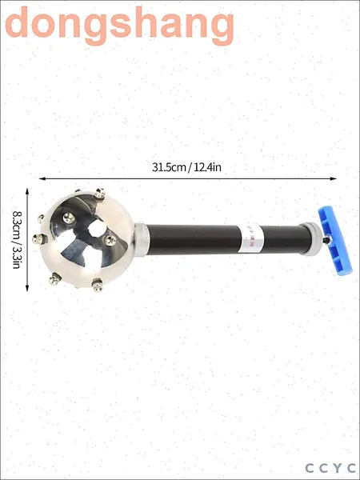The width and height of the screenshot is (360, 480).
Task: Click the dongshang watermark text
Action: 120,26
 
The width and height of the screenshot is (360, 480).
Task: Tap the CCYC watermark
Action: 330,468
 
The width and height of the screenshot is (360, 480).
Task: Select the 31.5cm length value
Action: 169,167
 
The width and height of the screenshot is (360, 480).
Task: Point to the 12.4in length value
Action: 207,167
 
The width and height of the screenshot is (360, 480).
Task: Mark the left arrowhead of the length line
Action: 42,178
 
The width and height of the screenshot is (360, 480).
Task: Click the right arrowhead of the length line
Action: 334,178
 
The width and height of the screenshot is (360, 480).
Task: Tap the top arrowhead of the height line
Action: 27,191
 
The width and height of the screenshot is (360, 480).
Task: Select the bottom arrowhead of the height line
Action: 27,288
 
